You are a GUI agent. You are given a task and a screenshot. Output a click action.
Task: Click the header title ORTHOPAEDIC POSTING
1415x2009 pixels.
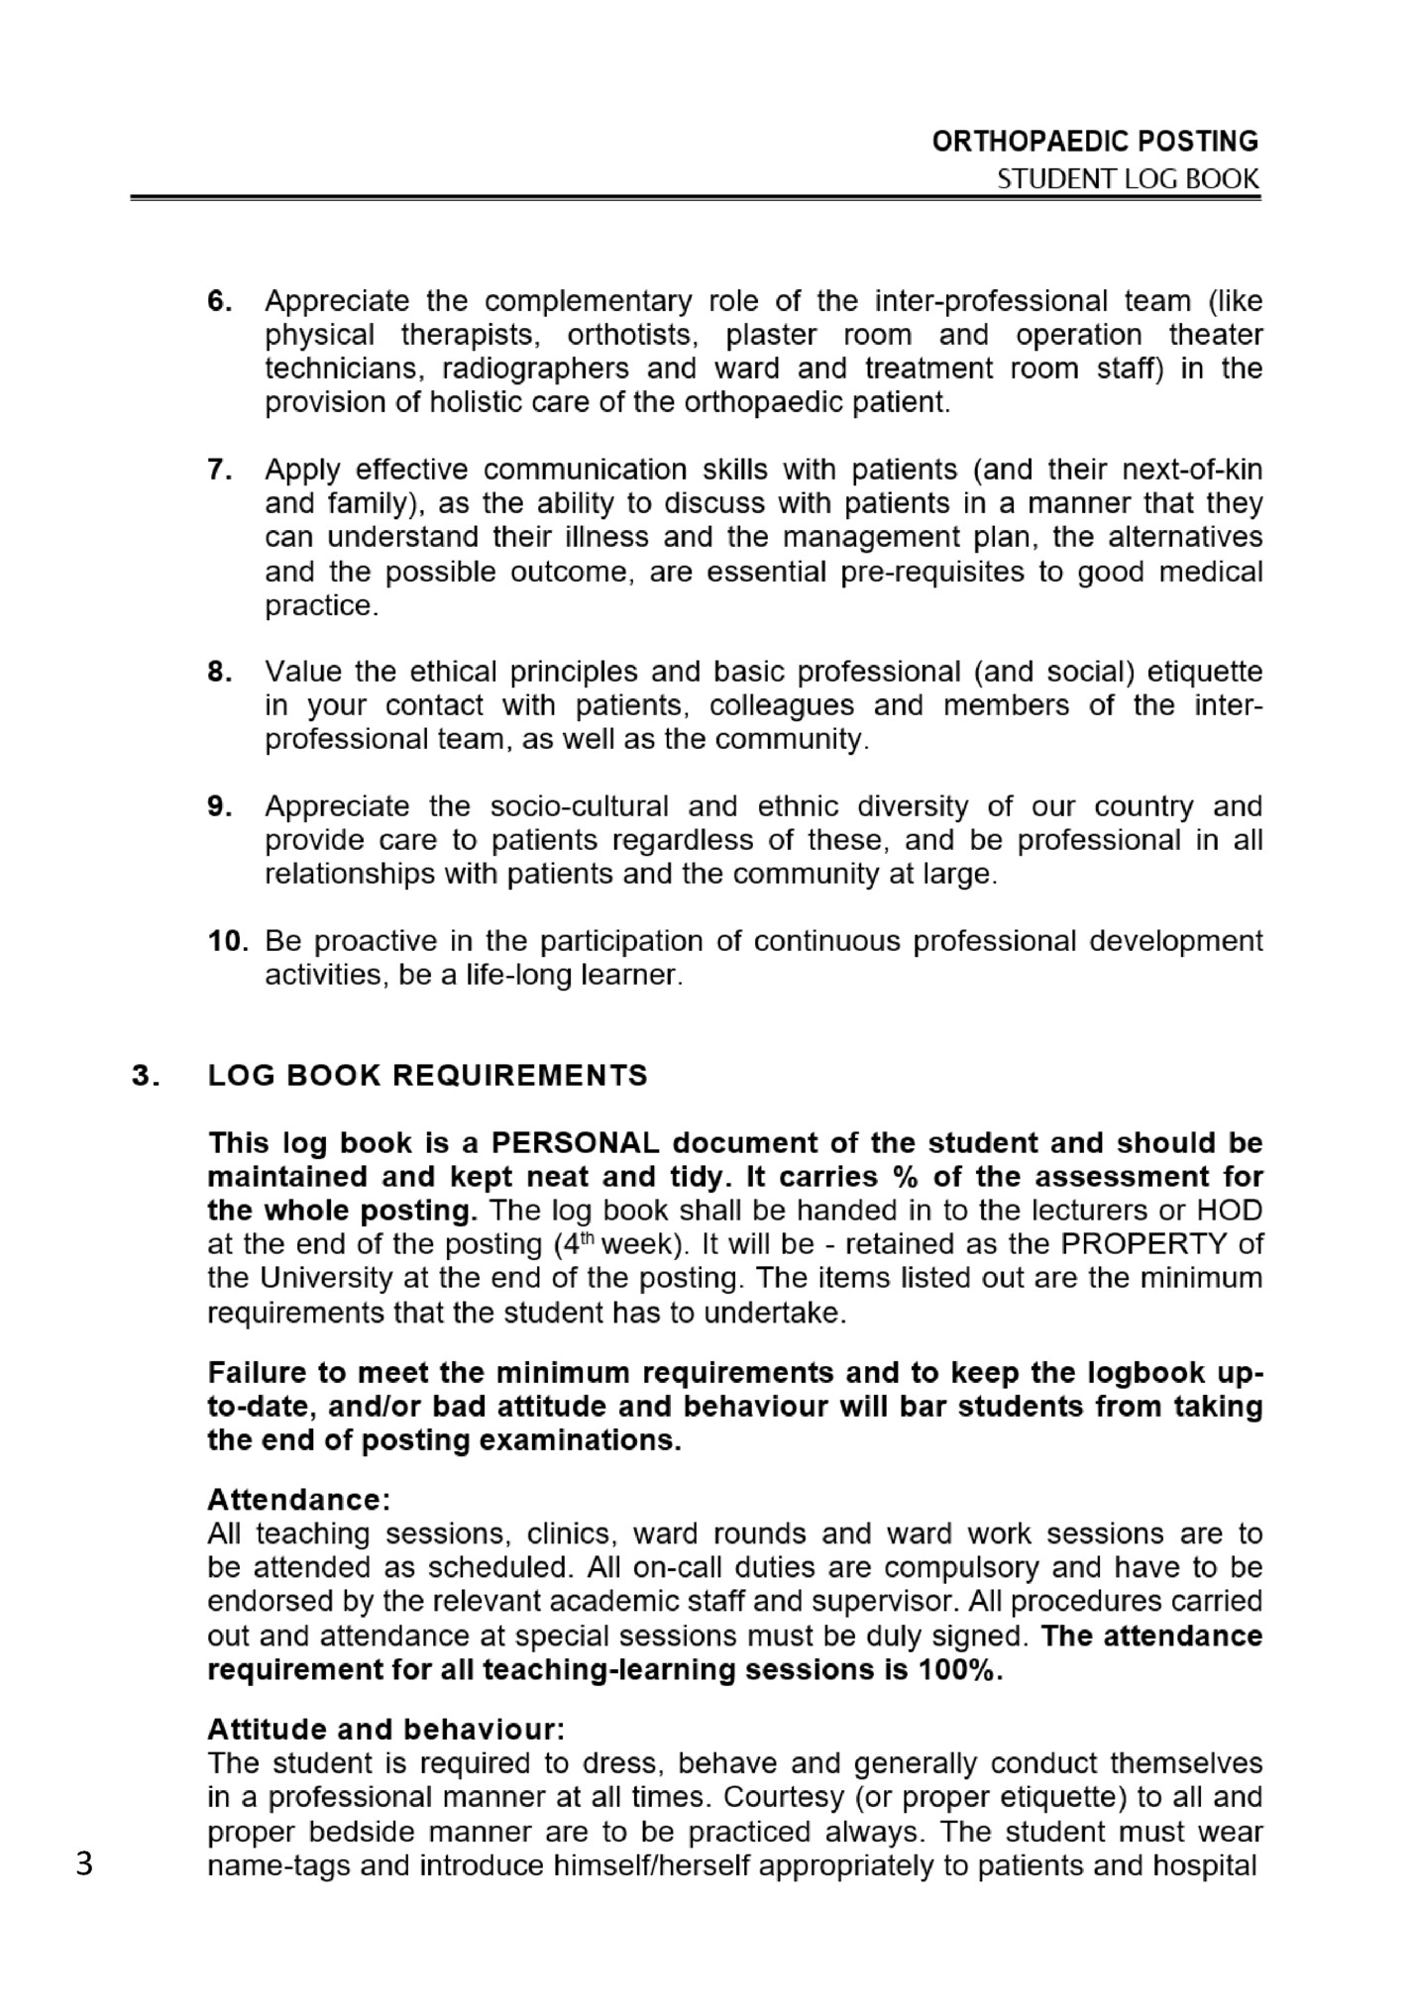tap(1095, 142)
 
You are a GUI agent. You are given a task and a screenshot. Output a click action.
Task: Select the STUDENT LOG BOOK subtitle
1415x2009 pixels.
tap(1128, 179)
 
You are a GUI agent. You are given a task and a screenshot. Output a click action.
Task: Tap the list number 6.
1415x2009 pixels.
tap(220, 301)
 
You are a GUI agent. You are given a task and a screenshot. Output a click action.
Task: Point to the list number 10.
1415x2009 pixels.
tap(228, 940)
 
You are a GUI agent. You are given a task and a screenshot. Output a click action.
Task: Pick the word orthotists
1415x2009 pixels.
tap(633, 335)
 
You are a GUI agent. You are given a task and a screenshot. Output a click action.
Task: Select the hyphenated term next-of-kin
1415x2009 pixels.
tap(1192, 469)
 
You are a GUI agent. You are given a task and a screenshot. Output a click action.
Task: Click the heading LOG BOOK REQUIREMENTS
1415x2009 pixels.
tap(427, 1076)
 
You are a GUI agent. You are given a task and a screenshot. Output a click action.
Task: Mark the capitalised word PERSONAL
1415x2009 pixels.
tap(576, 1143)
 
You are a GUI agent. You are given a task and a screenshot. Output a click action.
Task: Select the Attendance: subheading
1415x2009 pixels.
tap(298, 1501)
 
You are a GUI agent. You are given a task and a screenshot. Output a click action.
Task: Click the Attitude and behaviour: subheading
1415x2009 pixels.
tap(385, 1730)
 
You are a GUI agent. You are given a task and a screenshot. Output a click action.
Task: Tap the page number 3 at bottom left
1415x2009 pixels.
tap(84, 1865)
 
